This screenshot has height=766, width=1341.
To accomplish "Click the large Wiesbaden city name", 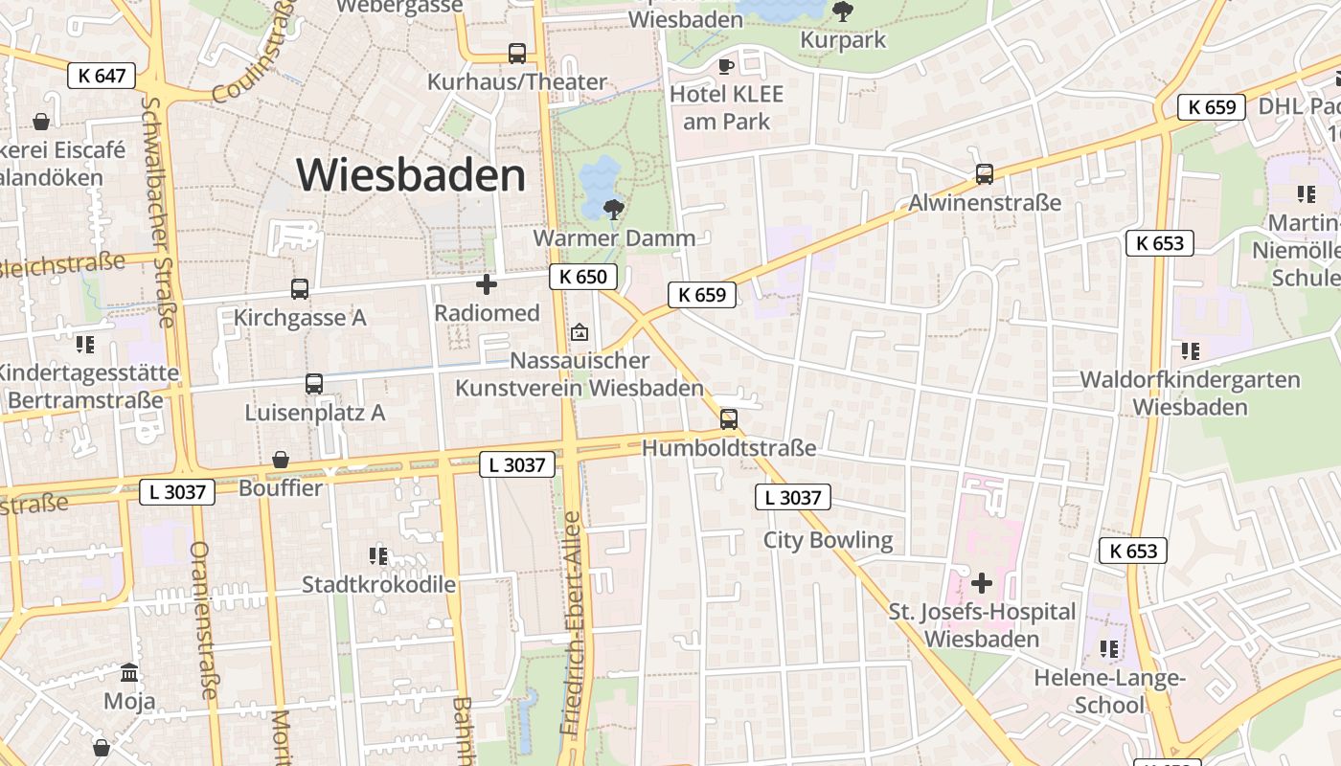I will [x=411, y=175].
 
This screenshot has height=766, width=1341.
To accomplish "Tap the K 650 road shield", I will [x=582, y=278].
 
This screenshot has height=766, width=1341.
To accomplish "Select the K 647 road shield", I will [x=102, y=76].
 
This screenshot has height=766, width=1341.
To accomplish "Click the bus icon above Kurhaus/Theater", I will [x=517, y=54].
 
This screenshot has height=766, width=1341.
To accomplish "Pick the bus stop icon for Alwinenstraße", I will [x=984, y=174].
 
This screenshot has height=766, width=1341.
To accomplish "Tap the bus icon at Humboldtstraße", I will [x=729, y=418].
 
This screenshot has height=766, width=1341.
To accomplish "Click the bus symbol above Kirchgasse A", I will [x=300, y=288].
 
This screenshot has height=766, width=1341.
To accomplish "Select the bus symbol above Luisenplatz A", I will [x=314, y=384].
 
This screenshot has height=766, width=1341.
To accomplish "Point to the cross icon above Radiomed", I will [x=487, y=283].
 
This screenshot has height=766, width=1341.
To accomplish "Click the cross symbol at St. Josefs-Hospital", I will [x=982, y=582].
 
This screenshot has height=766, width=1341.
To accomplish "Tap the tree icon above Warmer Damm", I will [x=614, y=208].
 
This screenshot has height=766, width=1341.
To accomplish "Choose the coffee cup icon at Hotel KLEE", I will [x=726, y=66].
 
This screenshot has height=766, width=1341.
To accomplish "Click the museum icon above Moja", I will [x=129, y=672].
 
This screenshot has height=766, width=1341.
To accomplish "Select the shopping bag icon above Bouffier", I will [x=281, y=460].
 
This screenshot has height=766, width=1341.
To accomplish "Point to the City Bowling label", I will [x=828, y=540].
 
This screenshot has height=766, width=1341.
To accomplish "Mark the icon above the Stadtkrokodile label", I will [x=378, y=555].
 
